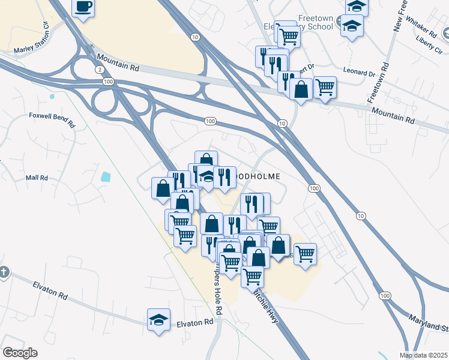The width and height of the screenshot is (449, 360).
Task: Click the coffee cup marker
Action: pyautogui.click(x=83, y=8)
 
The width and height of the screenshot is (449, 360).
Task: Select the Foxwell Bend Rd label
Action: pyautogui.click(x=51, y=120)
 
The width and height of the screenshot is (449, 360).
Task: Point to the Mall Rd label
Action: pyautogui.click(x=36, y=178)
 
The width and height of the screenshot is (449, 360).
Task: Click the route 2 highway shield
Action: pyautogui.click(x=99, y=70)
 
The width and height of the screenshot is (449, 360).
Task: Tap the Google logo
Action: pyautogui.click(x=20, y=353)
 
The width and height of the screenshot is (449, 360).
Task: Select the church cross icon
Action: pyautogui.click(x=3, y=272)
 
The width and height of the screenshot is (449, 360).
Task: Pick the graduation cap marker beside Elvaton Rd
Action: pyautogui.click(x=158, y=320)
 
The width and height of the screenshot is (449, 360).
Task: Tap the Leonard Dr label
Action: pyautogui.click(x=359, y=72)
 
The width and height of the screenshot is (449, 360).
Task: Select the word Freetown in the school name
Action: pyautogui.click(x=316, y=19)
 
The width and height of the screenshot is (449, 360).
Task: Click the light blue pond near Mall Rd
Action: pyautogui.click(x=106, y=177)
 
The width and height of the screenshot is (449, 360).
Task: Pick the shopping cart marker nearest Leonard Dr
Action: pyautogui.click(x=325, y=87)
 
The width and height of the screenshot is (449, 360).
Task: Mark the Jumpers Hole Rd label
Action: pyautogui.click(x=217, y=294)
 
